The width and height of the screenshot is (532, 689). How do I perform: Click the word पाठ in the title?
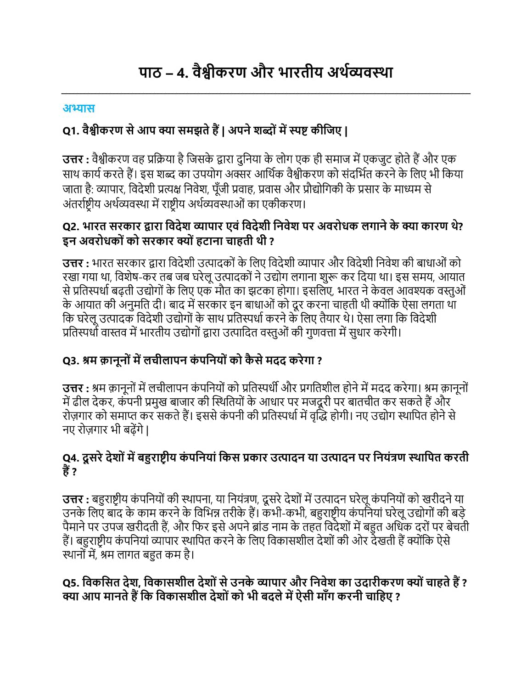[x=150, y=73]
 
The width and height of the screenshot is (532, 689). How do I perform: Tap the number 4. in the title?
[x=183, y=73]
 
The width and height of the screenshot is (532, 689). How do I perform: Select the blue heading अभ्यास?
[x=78, y=108]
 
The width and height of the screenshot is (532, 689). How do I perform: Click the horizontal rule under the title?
[x=266, y=94]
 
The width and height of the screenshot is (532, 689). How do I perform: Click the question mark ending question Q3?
[x=319, y=361]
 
